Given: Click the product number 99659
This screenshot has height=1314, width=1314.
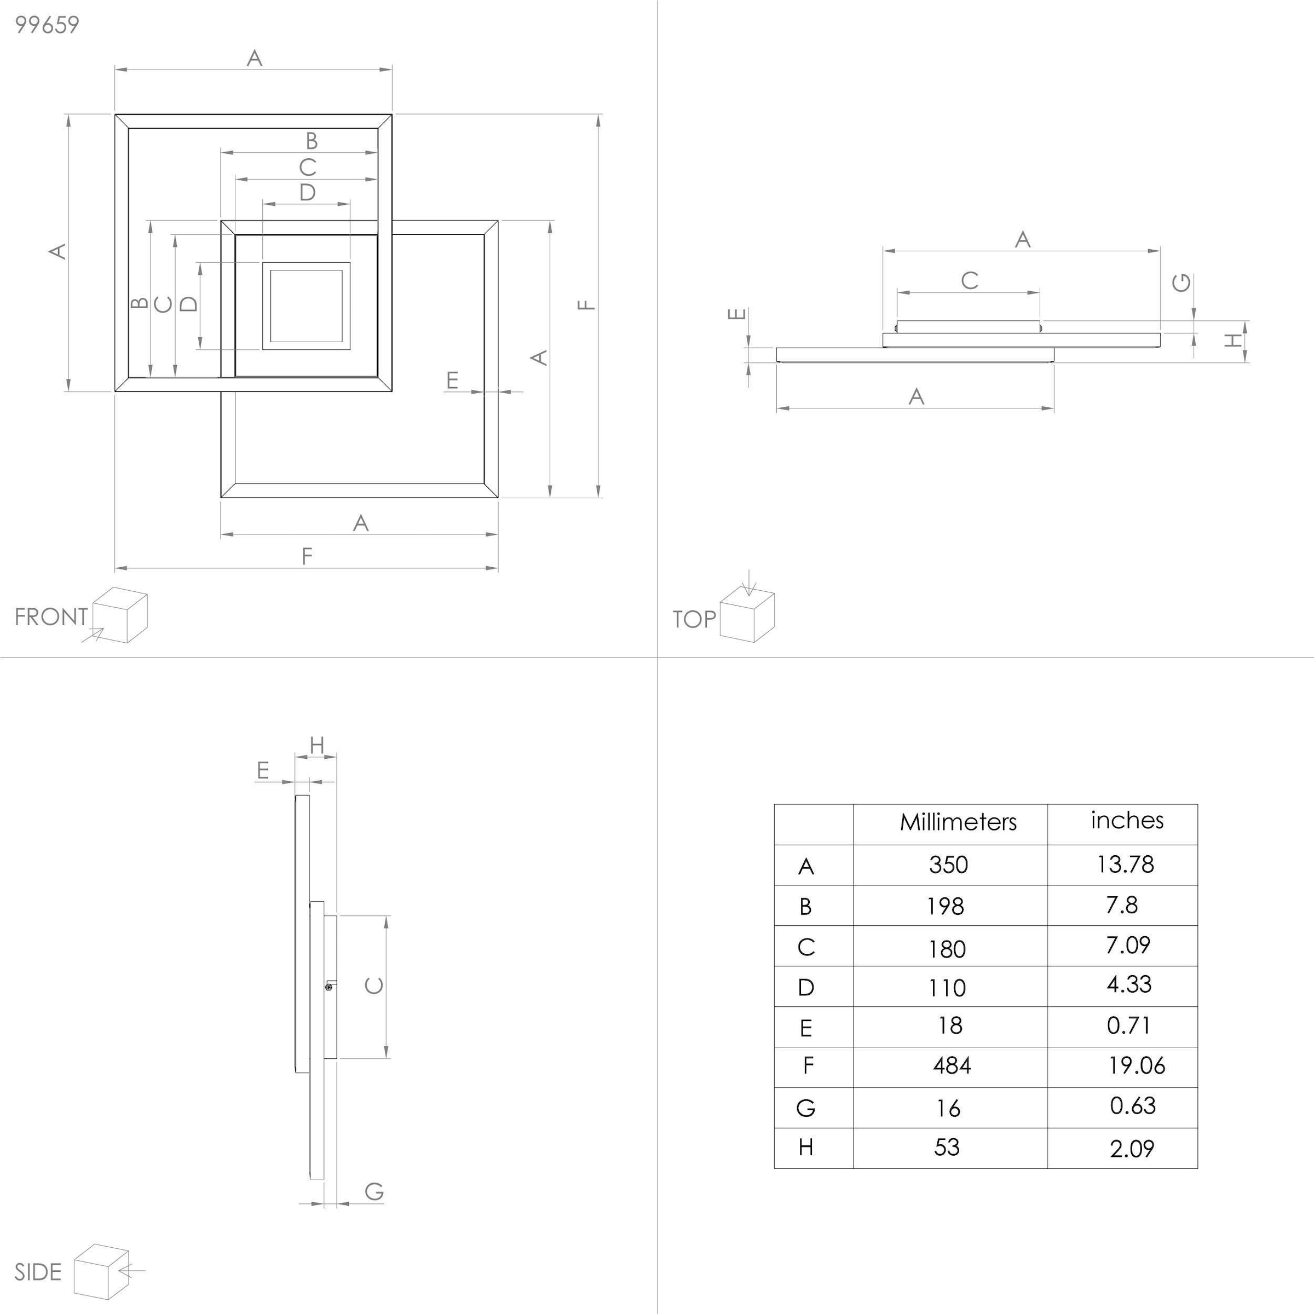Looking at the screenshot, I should click(x=47, y=25).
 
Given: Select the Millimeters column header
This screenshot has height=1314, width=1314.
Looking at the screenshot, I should click(x=958, y=822).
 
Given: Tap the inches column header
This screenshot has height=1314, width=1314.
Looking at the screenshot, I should click(x=1127, y=820).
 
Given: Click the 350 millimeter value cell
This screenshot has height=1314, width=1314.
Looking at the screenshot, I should click(x=948, y=865).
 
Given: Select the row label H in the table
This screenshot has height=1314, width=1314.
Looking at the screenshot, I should click(x=806, y=1148).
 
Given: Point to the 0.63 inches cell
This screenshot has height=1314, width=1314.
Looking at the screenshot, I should click(x=1132, y=1106).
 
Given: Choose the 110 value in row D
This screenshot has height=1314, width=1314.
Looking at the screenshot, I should click(x=947, y=988).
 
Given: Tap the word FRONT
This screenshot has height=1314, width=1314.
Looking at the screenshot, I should click(x=51, y=617).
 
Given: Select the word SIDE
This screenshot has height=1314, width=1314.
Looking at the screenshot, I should click(x=38, y=1272).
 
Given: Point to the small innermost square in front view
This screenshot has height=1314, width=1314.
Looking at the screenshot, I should click(x=306, y=306).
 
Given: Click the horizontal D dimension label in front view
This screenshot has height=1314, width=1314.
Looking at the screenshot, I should click(x=307, y=193).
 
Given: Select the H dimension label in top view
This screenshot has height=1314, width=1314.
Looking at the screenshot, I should click(x=1232, y=340).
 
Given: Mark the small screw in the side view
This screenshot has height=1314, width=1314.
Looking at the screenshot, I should click(x=329, y=986).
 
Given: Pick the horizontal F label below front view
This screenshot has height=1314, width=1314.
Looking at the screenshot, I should click(x=307, y=556).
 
